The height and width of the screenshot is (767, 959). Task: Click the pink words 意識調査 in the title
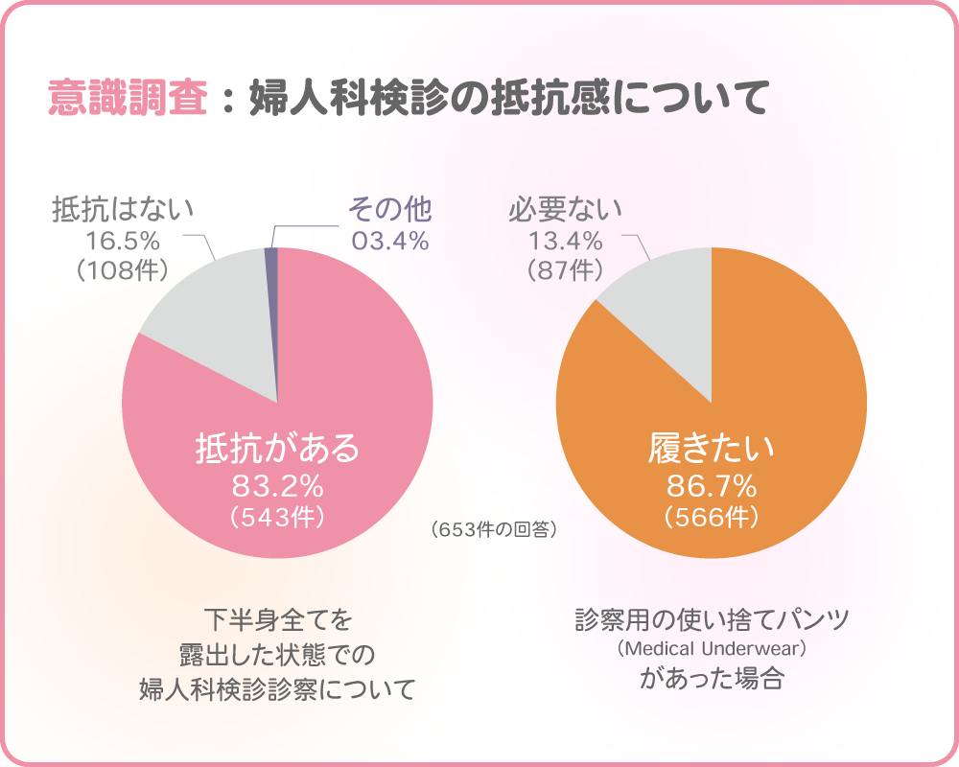click(x=128, y=99)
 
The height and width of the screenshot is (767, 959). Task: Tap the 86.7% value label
click(x=711, y=484)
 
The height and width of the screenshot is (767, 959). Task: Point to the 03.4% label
click(x=389, y=241)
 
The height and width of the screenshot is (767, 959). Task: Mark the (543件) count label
click(x=277, y=518)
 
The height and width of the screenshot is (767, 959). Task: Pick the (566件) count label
click(x=711, y=518)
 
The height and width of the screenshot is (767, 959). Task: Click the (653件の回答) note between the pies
click(x=494, y=529)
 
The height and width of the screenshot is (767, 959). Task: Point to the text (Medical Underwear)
click(x=711, y=650)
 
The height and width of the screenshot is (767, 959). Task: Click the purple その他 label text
click(x=389, y=208)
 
